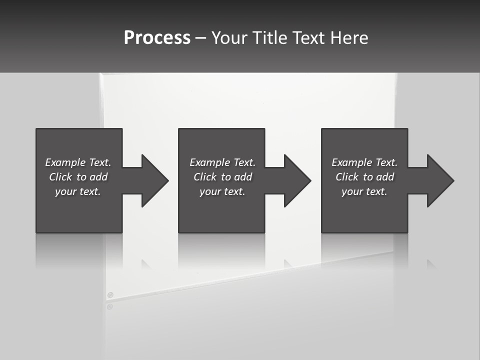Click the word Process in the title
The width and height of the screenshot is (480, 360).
point(157,38)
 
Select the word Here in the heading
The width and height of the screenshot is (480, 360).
point(349,38)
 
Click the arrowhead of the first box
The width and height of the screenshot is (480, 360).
point(154,180)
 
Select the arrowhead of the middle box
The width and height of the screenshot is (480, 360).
point(297,180)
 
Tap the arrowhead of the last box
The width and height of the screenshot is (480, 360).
point(440,180)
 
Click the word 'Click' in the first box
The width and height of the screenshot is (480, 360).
point(60,177)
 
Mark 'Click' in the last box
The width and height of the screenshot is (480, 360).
point(347,177)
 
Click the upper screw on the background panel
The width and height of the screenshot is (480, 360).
point(110,295)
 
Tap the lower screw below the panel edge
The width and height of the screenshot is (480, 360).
point(109,306)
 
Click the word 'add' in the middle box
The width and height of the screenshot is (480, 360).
point(243,177)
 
